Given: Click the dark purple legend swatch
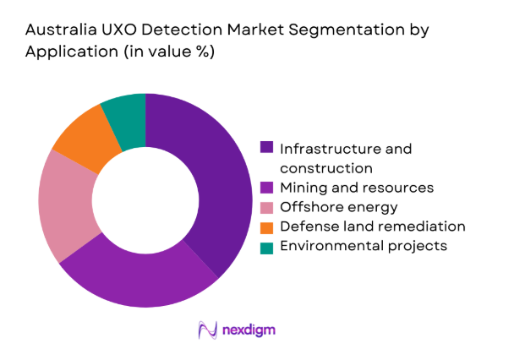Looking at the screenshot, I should (x=267, y=148).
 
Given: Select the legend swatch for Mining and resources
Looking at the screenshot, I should (x=267, y=187).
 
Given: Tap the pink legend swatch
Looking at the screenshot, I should (x=267, y=206).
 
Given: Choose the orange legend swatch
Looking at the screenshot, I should (x=267, y=226).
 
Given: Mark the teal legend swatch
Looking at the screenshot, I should (x=267, y=246).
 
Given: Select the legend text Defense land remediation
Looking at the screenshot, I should (x=372, y=226).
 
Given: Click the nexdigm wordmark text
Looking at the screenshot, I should (x=251, y=329).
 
